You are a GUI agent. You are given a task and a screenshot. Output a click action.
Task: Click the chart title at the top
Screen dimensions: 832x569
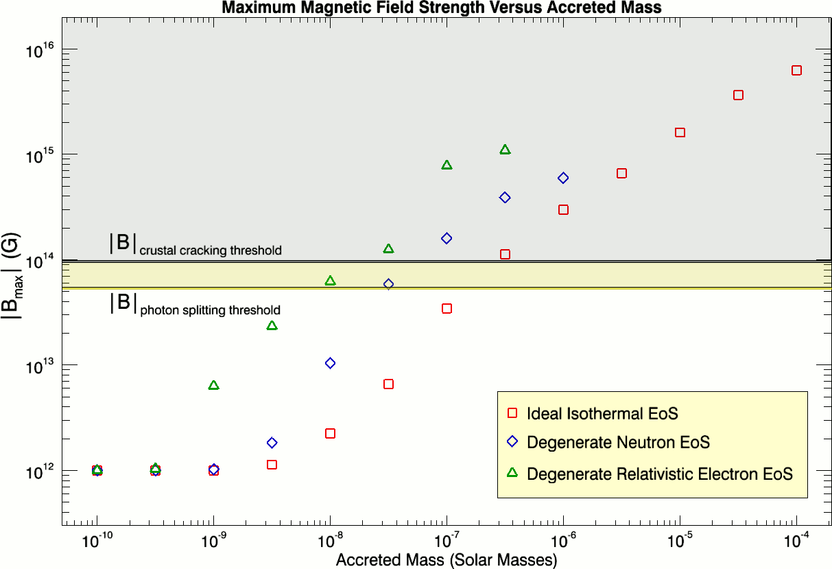pyautogui.click(x=442, y=8)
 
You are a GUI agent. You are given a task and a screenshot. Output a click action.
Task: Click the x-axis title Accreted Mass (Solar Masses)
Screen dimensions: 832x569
pyautogui.click(x=447, y=560)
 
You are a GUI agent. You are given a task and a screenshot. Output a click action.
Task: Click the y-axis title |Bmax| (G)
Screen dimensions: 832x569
pyautogui.click(x=11, y=276)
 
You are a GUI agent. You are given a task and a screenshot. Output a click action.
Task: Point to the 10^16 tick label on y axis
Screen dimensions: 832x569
pyautogui.click(x=40, y=50)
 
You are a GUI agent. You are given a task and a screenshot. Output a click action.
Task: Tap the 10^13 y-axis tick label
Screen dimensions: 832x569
pyautogui.click(x=40, y=367)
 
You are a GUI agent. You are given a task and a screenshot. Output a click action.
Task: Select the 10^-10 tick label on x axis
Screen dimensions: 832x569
pyautogui.click(x=97, y=540)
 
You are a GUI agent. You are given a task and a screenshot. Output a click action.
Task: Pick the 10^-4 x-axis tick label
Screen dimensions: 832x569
pyautogui.click(x=796, y=540)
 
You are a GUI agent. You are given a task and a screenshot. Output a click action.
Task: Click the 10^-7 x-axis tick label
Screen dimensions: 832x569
pyautogui.click(x=447, y=540)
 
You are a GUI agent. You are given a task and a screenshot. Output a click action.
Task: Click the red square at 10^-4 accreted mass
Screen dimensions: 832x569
pyautogui.click(x=796, y=70)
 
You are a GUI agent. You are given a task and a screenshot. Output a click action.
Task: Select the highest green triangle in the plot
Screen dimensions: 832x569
pyautogui.click(x=505, y=150)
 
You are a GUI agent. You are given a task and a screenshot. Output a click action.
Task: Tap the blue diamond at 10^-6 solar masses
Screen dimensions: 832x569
pyautogui.click(x=563, y=178)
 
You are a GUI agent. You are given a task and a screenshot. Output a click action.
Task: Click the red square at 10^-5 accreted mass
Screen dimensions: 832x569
pyautogui.click(x=680, y=132)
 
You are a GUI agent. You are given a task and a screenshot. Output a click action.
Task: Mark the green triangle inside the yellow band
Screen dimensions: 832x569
pyautogui.click(x=330, y=281)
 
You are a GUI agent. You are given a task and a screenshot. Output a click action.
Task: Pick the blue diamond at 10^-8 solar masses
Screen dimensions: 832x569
pyautogui.click(x=330, y=363)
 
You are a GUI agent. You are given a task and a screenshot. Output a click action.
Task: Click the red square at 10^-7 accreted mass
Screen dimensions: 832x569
pyautogui.click(x=447, y=308)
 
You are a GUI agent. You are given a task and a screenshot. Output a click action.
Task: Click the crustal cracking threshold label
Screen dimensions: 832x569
pyautogui.click(x=195, y=245)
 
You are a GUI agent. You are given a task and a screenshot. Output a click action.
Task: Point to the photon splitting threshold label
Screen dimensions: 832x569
pyautogui.click(x=195, y=305)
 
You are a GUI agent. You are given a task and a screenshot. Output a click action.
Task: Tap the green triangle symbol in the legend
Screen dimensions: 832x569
pyautogui.click(x=512, y=472)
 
